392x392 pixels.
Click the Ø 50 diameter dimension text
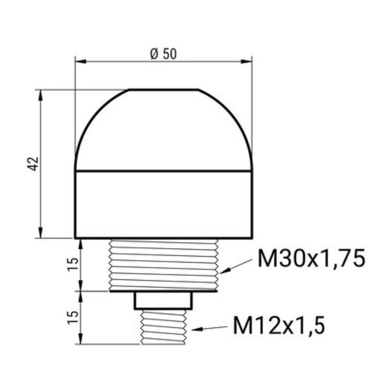pos(163,54)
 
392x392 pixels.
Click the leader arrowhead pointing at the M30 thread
pos(223,271)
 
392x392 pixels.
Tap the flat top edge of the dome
pos(163,90)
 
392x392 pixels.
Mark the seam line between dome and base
pos(163,171)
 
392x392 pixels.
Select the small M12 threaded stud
pos(163,326)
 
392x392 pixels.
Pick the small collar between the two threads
pos(163,300)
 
